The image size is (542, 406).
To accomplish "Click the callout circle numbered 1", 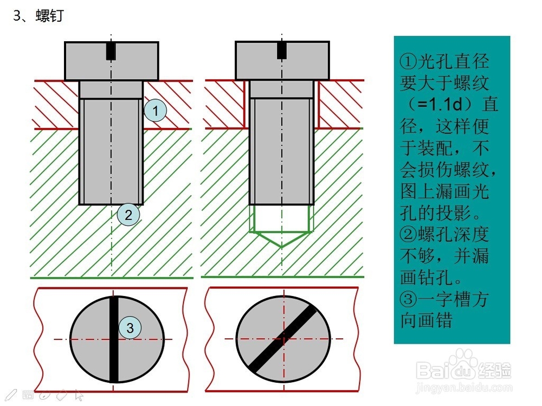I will tap(156, 111).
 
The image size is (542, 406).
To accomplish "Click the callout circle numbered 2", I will tap(128, 215).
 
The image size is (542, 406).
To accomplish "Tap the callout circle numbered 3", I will tap(130, 327).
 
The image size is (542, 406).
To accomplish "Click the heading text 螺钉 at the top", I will tap(50, 16).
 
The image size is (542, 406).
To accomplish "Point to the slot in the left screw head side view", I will tap(111, 51).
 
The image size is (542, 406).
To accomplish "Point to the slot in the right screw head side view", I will tap(282, 50).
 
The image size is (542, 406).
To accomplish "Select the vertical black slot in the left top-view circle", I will tap(114, 339).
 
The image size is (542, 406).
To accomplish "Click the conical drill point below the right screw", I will tap(281, 239).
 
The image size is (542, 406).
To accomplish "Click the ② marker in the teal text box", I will tap(409, 235).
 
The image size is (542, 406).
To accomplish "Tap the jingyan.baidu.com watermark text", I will tap(464, 389).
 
